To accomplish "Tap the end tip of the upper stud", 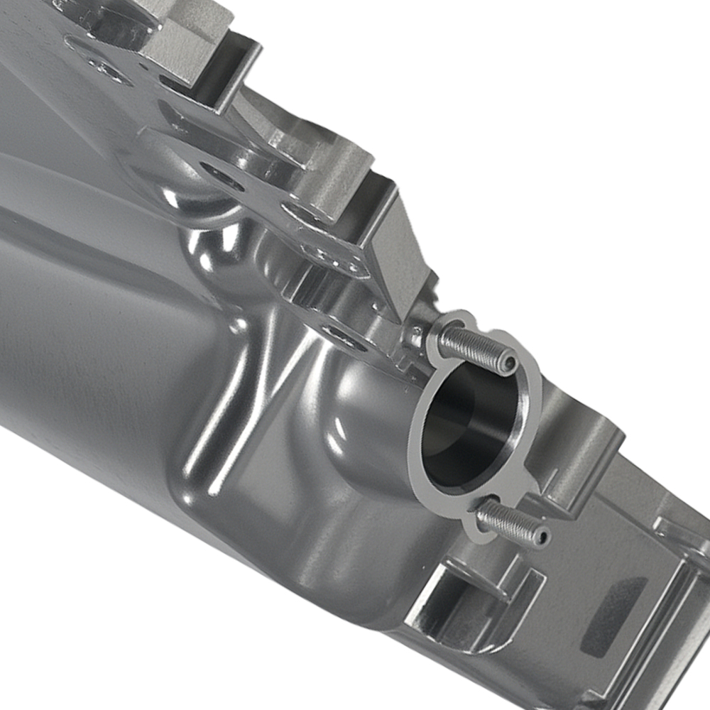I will (506, 364).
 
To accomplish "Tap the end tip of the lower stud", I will (542, 537).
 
